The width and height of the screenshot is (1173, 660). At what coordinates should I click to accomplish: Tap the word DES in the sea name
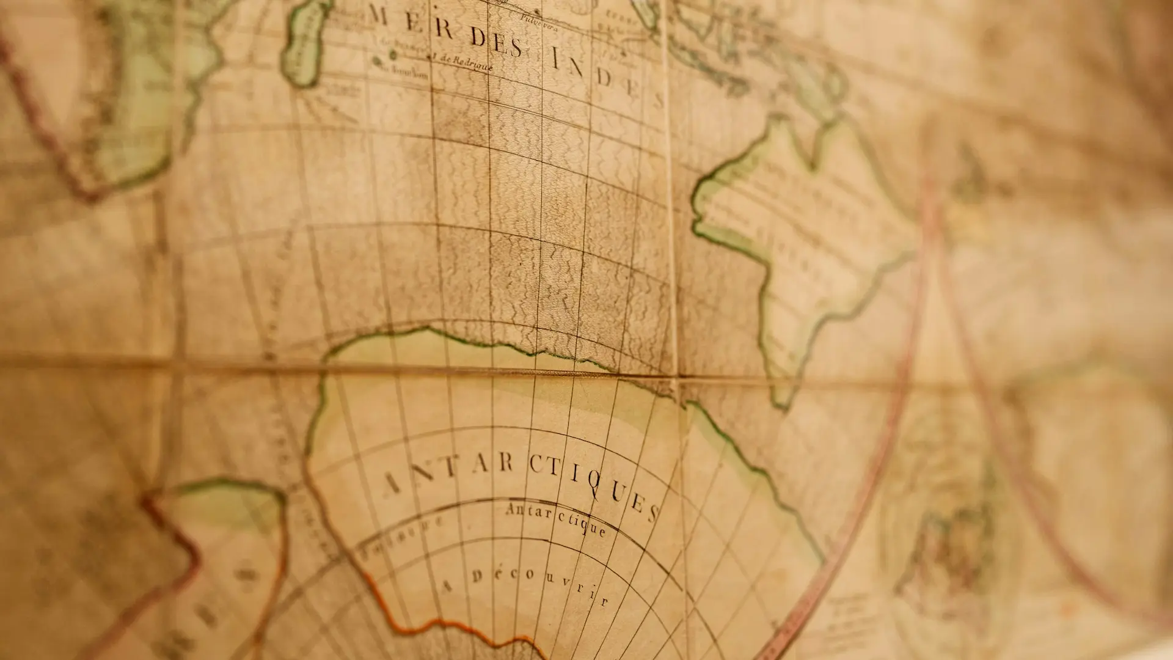(x=494, y=46)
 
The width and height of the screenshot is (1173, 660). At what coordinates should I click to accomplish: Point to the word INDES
(x=605, y=79)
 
